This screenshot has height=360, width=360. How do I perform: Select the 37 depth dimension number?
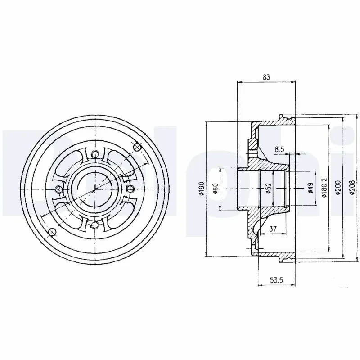(272, 229)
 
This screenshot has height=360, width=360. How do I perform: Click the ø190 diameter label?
(201, 188)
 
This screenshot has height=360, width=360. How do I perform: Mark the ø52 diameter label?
(268, 188)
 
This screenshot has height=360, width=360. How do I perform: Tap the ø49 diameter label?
(310, 188)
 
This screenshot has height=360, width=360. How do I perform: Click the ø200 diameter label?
(338, 188)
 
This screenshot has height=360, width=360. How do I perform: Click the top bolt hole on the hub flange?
(94, 154)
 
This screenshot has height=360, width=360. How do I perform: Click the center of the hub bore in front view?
(94, 189)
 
